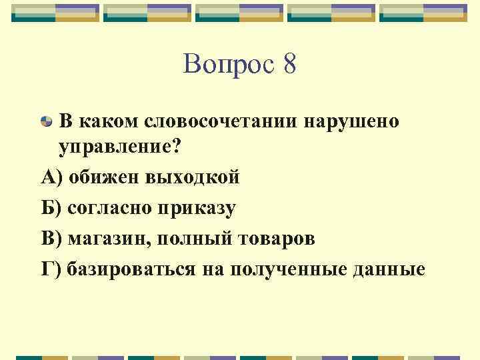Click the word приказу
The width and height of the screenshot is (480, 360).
click(197, 209)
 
